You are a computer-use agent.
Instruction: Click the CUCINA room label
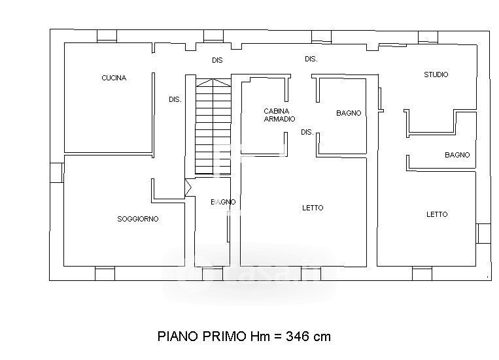tap(114, 78)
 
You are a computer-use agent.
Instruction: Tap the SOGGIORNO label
tap(138, 219)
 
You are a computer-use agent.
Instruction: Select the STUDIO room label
tap(436, 74)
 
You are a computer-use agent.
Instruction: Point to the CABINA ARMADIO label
tap(279, 115)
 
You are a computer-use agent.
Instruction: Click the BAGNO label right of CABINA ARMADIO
tap(349, 113)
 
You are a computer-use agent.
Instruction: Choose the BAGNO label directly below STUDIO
tap(457, 155)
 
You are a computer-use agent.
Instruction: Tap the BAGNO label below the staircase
tap(223, 202)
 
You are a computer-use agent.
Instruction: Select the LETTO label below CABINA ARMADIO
tap(313, 208)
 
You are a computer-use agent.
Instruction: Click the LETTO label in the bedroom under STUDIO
tap(437, 214)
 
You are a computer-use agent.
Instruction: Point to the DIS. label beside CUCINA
tap(175, 99)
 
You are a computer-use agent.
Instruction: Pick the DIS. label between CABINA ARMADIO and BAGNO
tap(307, 132)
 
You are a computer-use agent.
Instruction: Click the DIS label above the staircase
tap(217, 60)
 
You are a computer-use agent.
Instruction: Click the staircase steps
tap(213, 127)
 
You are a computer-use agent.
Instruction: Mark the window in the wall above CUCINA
tap(107, 36)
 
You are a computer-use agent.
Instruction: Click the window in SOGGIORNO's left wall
tap(57, 172)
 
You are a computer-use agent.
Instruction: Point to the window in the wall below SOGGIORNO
tap(105, 274)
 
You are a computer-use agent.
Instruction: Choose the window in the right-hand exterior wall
tap(483, 233)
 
